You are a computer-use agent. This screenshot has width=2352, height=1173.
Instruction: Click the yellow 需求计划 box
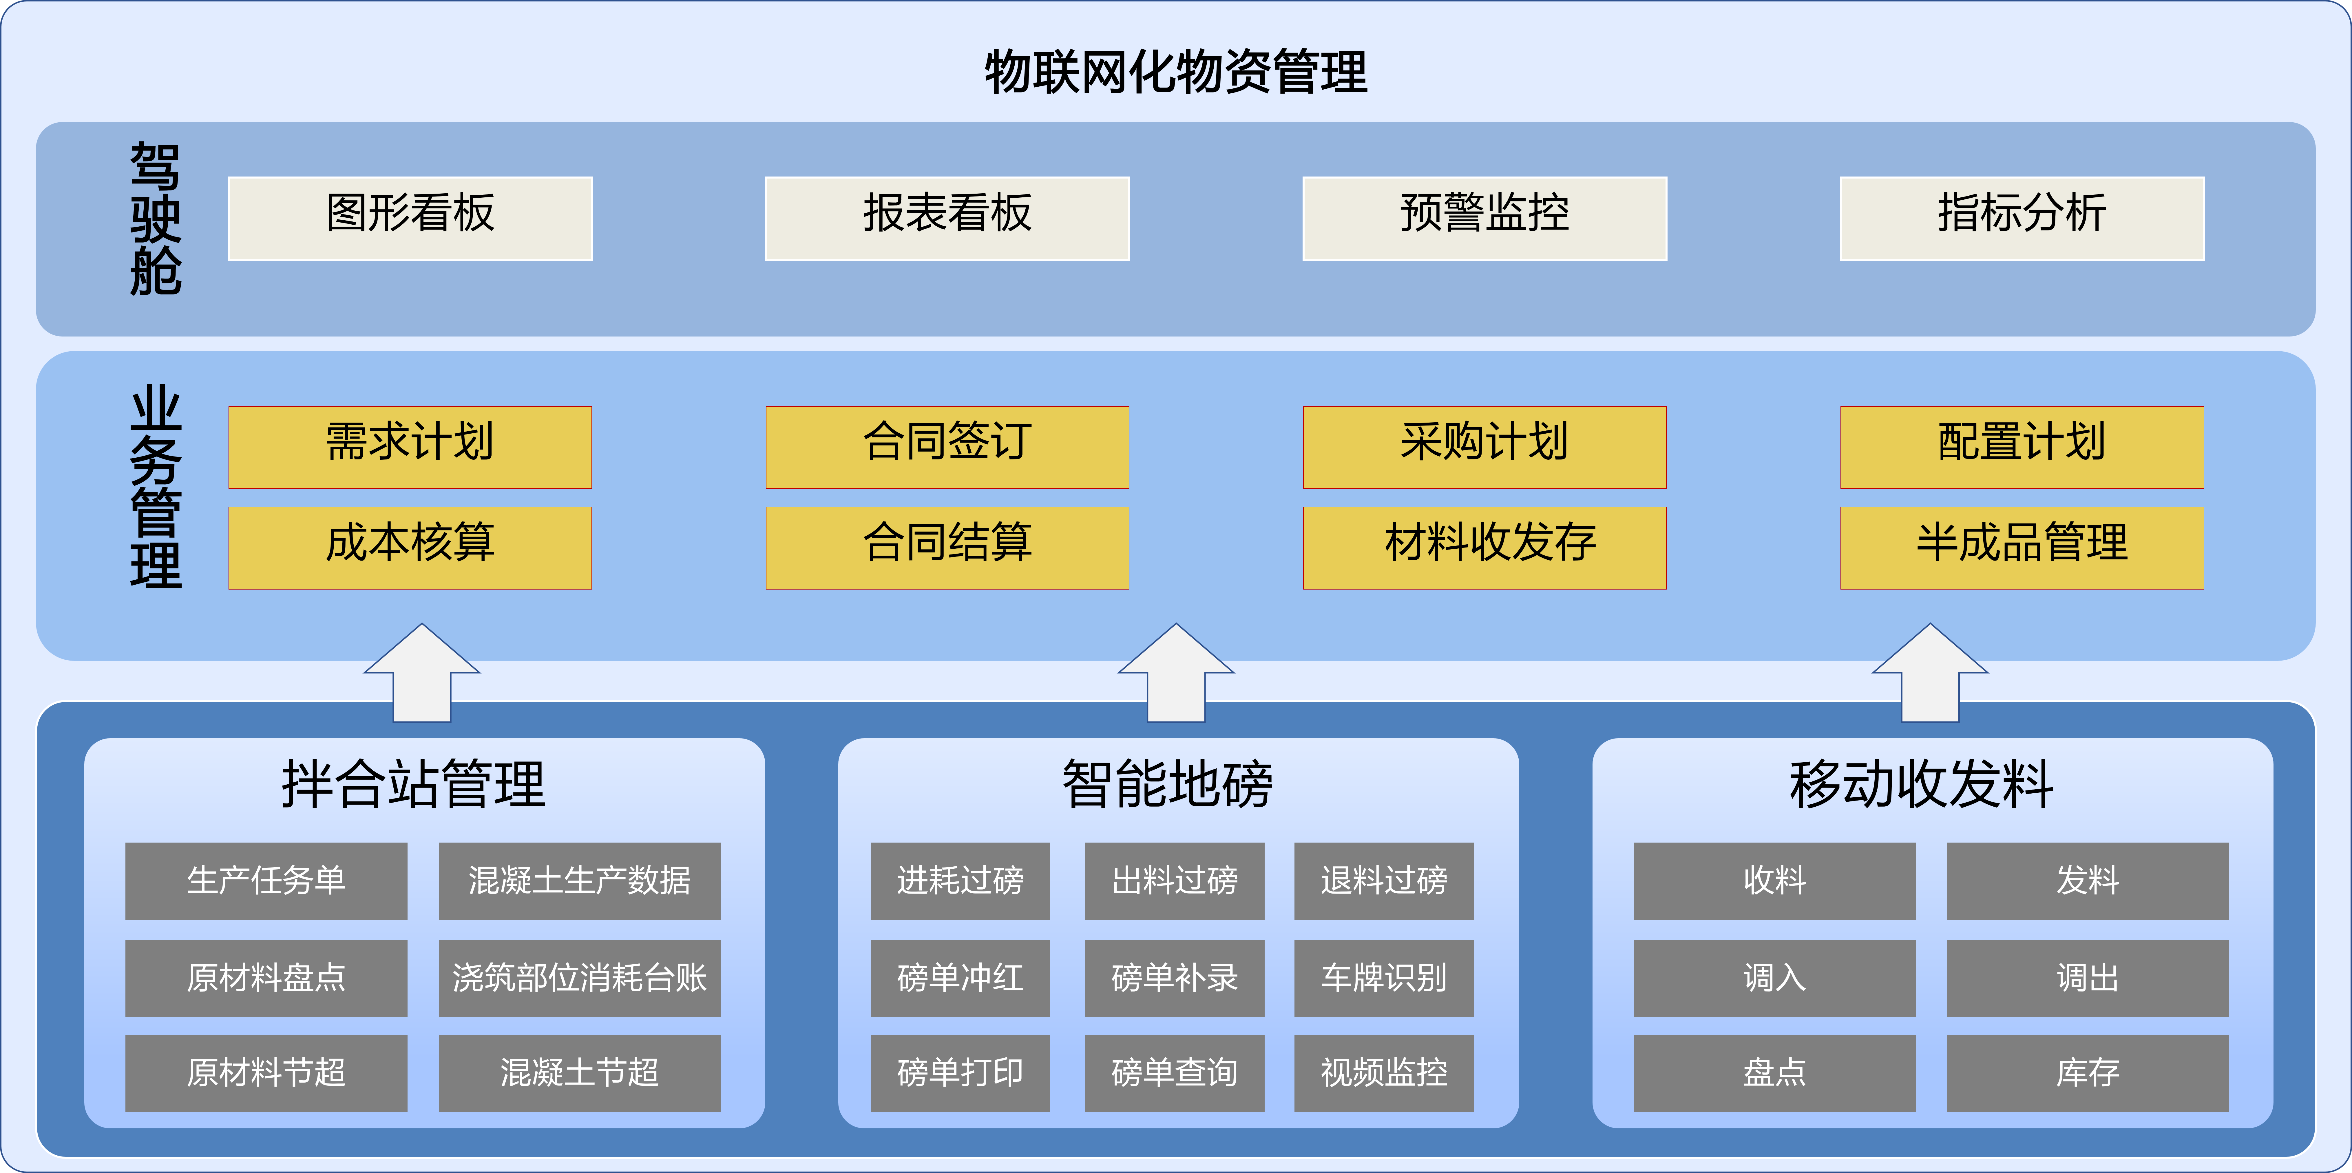[410, 447]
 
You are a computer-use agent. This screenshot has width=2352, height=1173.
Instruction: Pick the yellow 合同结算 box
[947, 547]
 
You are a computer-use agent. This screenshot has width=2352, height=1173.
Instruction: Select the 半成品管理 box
[2022, 547]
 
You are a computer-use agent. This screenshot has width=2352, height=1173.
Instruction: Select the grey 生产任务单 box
[266, 881]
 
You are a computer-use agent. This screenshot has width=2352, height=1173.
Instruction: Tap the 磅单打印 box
[960, 1072]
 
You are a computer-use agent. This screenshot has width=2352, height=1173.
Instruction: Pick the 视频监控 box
[1383, 1072]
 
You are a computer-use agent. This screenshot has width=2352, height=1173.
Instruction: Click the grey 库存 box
[2087, 1072]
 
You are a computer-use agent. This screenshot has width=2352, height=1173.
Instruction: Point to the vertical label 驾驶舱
[155, 219]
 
